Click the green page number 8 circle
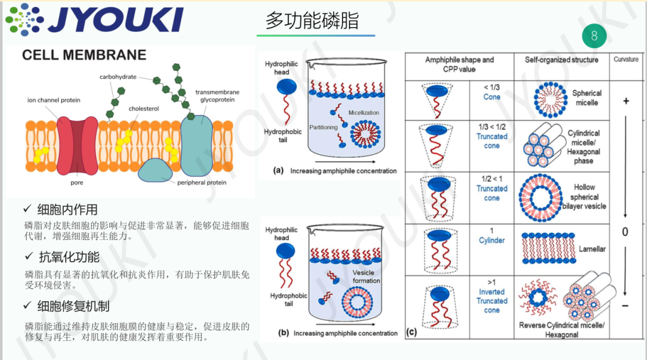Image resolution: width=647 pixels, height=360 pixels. (x=594, y=35)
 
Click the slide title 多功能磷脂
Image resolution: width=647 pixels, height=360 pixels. (x=311, y=20)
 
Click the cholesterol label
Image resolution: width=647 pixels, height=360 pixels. (x=143, y=108)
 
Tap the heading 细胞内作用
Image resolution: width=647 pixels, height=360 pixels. (x=67, y=210)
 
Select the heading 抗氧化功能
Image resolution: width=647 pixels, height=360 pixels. (x=68, y=257)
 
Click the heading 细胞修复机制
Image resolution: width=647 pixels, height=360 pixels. (x=73, y=306)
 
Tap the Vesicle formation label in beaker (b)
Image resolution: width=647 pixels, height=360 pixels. (x=366, y=277)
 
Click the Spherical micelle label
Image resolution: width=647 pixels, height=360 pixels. (x=586, y=98)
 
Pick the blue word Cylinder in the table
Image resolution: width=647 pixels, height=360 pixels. (x=492, y=241)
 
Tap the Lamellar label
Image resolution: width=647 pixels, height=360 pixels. (x=592, y=249)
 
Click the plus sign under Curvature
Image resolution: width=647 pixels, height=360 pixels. (x=626, y=101)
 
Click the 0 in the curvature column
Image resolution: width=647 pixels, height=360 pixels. (x=625, y=232)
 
